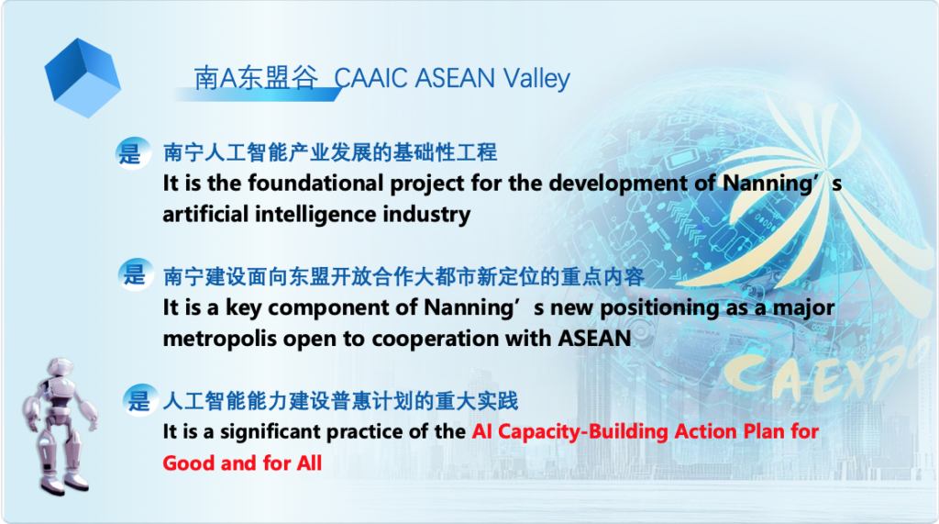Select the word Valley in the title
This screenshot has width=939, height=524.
tap(536, 78)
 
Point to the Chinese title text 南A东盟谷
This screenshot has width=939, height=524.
tap(256, 78)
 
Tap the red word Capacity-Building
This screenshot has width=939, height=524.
tap(584, 430)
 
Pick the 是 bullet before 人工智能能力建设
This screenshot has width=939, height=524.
tap(138, 400)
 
